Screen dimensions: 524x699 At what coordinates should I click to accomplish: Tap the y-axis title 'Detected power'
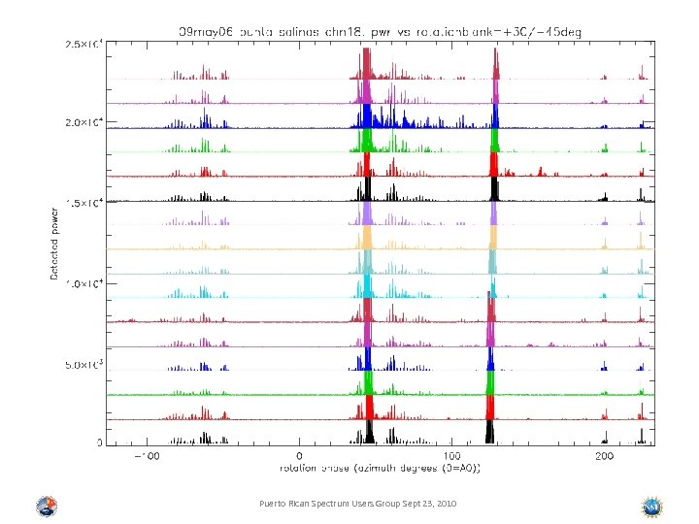coord(54,242)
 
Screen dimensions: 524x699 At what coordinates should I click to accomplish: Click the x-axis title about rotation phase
coord(380,468)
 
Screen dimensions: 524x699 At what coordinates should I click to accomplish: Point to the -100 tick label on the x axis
coord(146,455)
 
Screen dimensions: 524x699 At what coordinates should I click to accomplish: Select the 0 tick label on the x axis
coord(299,455)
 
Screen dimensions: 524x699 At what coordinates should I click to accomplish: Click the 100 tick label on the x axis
coord(452,455)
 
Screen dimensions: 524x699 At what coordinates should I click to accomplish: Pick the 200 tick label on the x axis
coord(605,455)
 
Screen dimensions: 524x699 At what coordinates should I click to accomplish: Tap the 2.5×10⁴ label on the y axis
coord(84,44)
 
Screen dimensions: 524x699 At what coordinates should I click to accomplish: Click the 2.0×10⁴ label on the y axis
coord(84,123)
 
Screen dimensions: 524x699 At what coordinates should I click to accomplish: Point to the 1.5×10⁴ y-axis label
coord(84,204)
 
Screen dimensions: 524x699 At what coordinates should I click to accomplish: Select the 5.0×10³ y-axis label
coord(84,365)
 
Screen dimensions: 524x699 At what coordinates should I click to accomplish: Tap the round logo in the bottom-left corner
coord(46,507)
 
